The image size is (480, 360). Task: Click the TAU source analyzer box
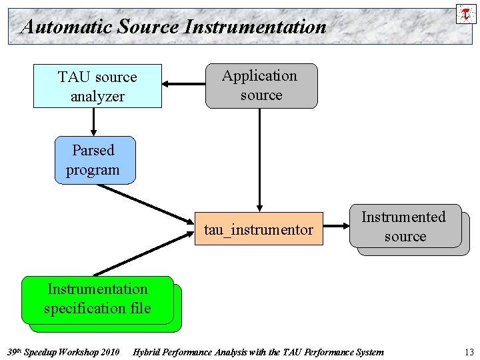97,86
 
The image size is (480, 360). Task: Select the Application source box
261,85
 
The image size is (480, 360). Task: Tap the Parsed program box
94,160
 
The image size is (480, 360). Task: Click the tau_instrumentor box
258,230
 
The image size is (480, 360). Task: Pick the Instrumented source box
405,227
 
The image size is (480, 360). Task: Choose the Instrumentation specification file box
97,299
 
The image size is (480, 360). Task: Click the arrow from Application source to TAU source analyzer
184,85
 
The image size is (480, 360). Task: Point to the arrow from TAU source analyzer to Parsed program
94,122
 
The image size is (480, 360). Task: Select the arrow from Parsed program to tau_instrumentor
143,203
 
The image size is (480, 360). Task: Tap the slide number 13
469,352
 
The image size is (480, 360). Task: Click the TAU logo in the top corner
465,13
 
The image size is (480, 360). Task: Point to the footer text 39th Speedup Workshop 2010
63,352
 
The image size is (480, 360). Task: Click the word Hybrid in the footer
148,352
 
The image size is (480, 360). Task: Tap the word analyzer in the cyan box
97,96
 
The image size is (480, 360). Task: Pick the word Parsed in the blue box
93,151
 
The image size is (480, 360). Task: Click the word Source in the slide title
147,27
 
